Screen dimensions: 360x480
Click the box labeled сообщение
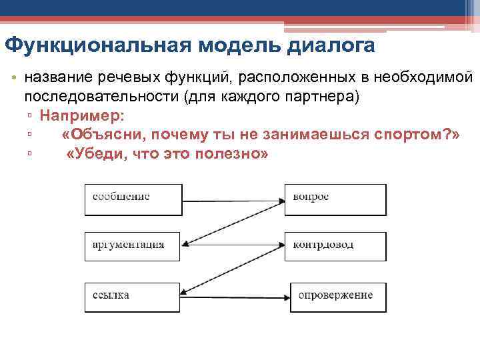pyautogui.click(x=133, y=198)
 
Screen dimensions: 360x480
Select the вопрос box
pyautogui.click(x=335, y=198)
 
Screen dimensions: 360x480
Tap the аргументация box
pyautogui.click(x=133, y=246)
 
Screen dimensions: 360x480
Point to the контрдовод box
pyautogui.click(x=335, y=246)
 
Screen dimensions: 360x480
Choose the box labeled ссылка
pyautogui.click(x=133, y=295)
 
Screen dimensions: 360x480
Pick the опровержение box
pyautogui.click(x=338, y=295)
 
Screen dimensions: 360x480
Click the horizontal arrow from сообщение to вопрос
pyautogui.click(x=233, y=198)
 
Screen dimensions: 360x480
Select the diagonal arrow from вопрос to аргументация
pyautogui.click(x=233, y=222)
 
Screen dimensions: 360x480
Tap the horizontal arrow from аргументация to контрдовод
pyautogui.click(x=233, y=246)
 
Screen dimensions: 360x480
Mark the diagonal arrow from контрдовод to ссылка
pyautogui.click(x=233, y=270)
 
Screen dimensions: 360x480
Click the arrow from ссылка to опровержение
pyautogui.click(x=236, y=295)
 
